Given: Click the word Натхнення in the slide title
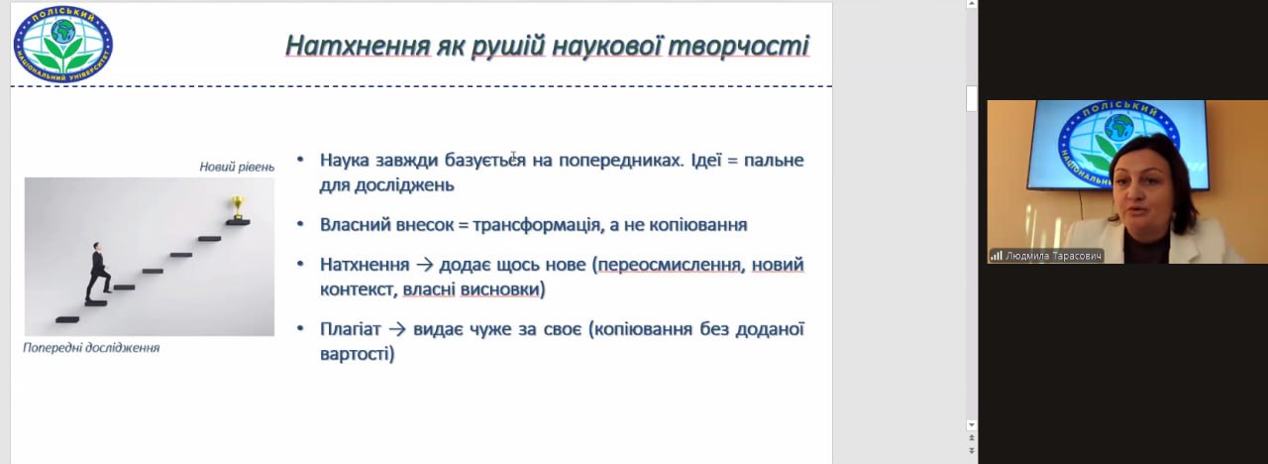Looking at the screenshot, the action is [x=359, y=46].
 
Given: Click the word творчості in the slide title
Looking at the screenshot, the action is [x=739, y=46].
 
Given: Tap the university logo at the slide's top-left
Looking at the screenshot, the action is [x=63, y=45].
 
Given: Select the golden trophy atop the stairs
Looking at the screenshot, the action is [x=238, y=208].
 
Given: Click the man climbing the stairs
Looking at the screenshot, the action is [x=97, y=272].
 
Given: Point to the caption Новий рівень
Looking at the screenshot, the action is [x=237, y=167].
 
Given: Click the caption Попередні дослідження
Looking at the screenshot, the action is [x=91, y=347].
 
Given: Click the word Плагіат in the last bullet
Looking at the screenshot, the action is [x=351, y=329].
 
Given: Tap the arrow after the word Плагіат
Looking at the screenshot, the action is [x=397, y=330].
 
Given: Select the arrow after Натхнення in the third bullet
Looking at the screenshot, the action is [x=424, y=265].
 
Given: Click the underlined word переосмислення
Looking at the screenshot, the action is [x=671, y=265].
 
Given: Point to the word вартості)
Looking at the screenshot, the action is [x=358, y=354].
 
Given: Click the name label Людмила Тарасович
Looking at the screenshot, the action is [x=1053, y=256].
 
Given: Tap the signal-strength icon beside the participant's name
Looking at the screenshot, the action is [x=996, y=256].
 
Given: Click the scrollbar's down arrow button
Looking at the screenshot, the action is [x=972, y=425].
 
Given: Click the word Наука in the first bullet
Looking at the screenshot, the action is [x=344, y=161].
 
